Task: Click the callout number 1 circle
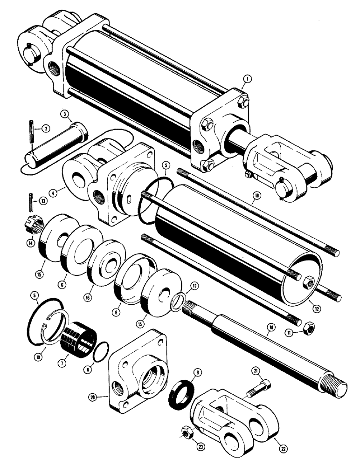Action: pyautogui.click(x=247, y=80)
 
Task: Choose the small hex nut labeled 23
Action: pyautogui.click(x=186, y=434)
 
